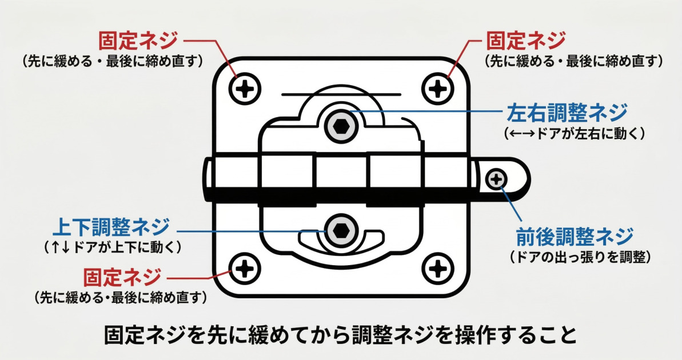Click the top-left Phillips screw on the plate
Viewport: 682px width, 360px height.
click(245, 88)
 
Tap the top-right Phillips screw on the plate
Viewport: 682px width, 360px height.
click(438, 88)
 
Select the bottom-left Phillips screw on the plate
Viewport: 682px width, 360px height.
click(245, 267)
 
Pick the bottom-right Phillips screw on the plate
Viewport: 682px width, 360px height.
click(438, 267)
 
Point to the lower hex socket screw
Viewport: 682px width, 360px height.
click(341, 231)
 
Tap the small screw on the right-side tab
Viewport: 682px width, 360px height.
click(496, 180)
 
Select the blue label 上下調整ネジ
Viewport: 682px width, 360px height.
click(111, 227)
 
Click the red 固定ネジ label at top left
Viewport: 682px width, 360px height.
click(138, 41)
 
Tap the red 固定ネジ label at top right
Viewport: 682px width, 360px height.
click(525, 41)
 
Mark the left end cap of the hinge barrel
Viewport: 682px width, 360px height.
click(208, 178)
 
